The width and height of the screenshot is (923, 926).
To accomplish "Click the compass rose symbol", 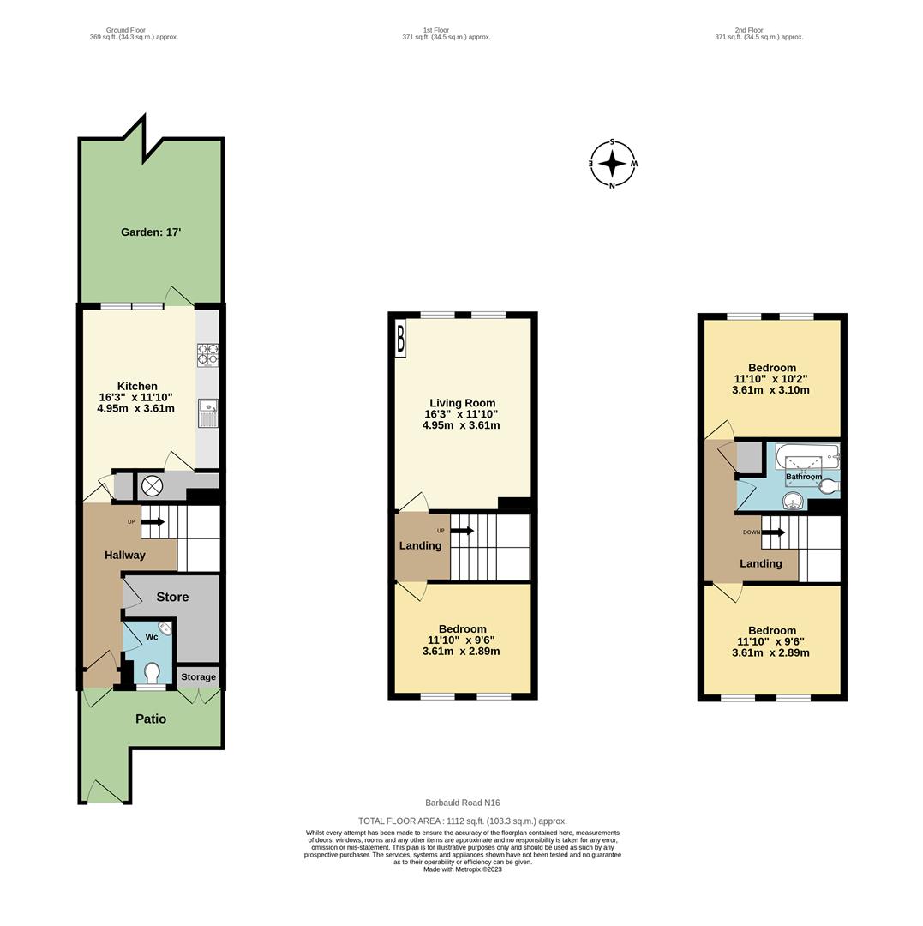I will click(612, 163).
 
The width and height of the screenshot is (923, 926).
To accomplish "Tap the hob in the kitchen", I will click(207, 354).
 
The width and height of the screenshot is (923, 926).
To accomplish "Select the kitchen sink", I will click(207, 412).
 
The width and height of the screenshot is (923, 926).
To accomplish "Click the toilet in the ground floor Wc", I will click(153, 671).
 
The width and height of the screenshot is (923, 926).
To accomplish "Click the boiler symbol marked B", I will click(400, 339).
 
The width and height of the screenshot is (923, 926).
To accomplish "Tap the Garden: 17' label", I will click(151, 232).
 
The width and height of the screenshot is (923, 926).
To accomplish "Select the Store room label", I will click(172, 597).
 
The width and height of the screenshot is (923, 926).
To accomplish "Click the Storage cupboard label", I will click(198, 677).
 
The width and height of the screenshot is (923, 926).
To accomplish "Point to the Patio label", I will click(151, 719).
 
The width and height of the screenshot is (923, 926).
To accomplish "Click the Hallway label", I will click(125, 555).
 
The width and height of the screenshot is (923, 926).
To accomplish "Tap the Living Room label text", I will click(462, 403).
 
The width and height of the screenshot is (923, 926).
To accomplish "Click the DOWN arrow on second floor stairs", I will click(772, 532).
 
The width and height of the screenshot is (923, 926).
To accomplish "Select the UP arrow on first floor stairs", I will click(462, 531).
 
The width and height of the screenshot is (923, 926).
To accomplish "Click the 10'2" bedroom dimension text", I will click(771, 379).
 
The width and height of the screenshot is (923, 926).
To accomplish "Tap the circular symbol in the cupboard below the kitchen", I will click(152, 486).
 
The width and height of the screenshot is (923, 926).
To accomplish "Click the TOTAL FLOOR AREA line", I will click(462, 821).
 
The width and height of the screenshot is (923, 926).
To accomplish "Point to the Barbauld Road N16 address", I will click(462, 803).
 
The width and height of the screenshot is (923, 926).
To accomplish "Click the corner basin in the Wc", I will click(165, 628).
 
